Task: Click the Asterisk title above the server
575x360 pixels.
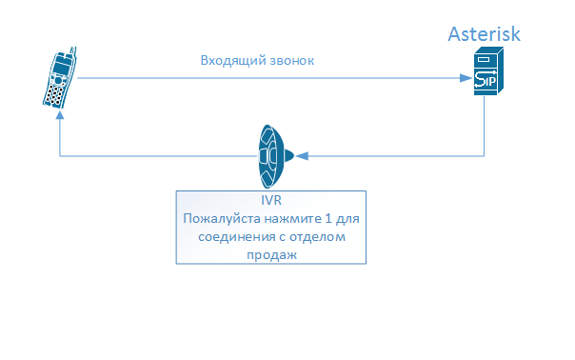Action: pos(485,35)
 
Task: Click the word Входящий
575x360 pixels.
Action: pos(229,60)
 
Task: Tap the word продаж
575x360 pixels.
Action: pos(271,254)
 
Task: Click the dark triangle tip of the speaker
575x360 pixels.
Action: pos(298,153)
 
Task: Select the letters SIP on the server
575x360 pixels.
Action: pos(486,81)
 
